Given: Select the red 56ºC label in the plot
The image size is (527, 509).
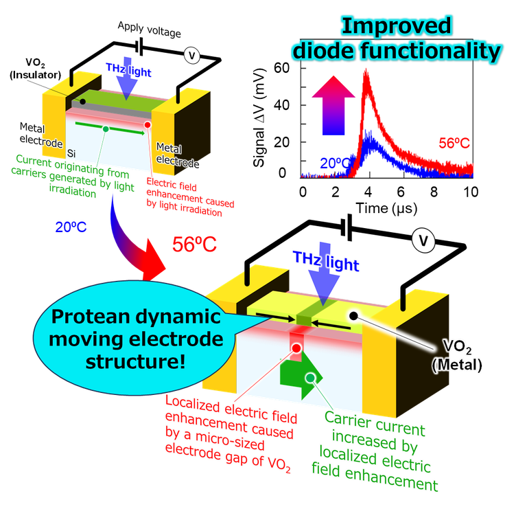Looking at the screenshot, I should pyautogui.click(x=454, y=143).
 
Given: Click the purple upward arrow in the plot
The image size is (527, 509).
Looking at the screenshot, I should pyautogui.click(x=327, y=110).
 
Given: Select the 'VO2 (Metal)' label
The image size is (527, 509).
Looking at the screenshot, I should pyautogui.click(x=458, y=359).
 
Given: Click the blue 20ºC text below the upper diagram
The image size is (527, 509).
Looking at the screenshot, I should pyautogui.click(x=71, y=225).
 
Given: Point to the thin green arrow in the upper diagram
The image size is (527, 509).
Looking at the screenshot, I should pyautogui.click(x=110, y=128).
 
